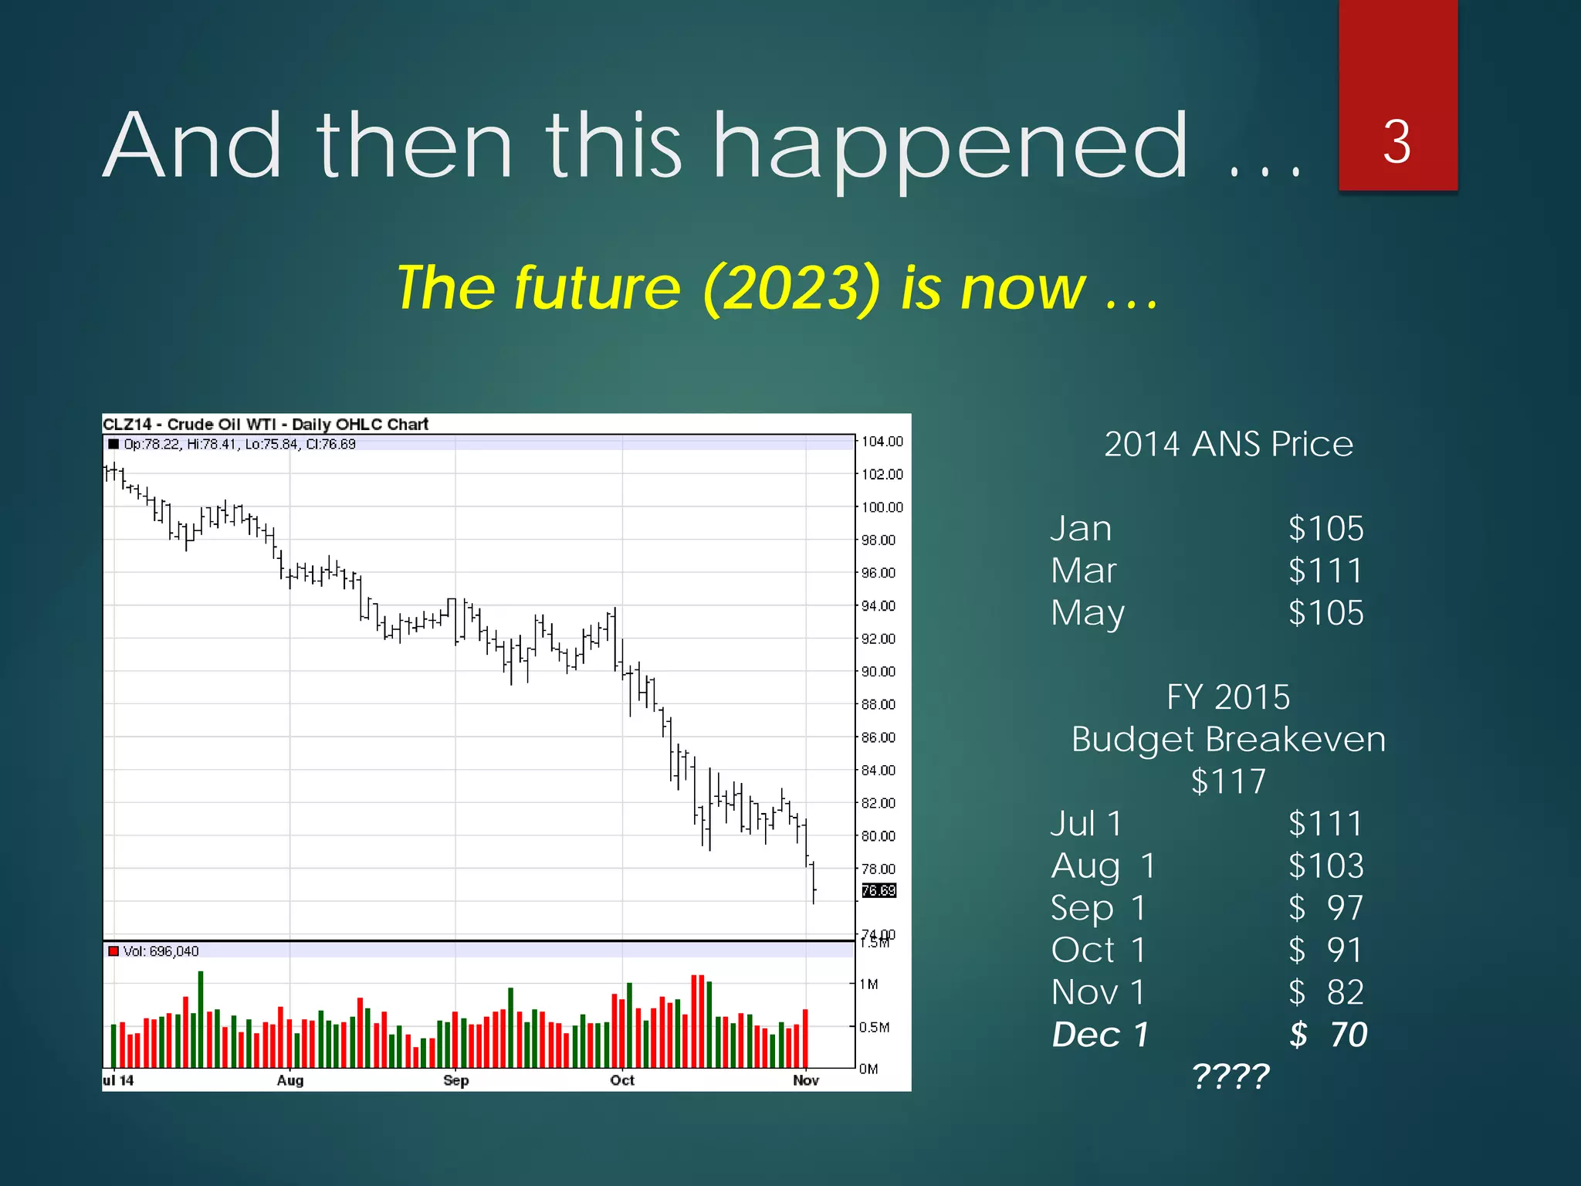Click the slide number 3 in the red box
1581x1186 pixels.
coord(1396,142)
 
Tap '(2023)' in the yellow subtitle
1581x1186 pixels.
coord(790,288)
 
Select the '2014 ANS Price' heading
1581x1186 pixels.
coord(1228,444)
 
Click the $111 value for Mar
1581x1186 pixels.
coord(1325,571)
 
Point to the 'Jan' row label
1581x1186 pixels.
coord(1081,529)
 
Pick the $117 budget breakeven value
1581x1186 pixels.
coord(1228,781)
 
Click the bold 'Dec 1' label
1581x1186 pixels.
coord(1100,1035)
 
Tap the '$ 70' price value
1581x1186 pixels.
coord(1328,1035)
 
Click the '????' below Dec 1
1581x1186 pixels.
coord(1230,1076)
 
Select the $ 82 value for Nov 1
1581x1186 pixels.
coord(1326,992)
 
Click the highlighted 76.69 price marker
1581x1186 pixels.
coord(879,890)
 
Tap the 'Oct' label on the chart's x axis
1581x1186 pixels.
coord(621,1080)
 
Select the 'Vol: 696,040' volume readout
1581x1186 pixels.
coord(161,951)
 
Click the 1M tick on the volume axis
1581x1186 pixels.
coord(869,984)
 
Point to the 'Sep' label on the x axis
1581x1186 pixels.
coord(455,1080)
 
